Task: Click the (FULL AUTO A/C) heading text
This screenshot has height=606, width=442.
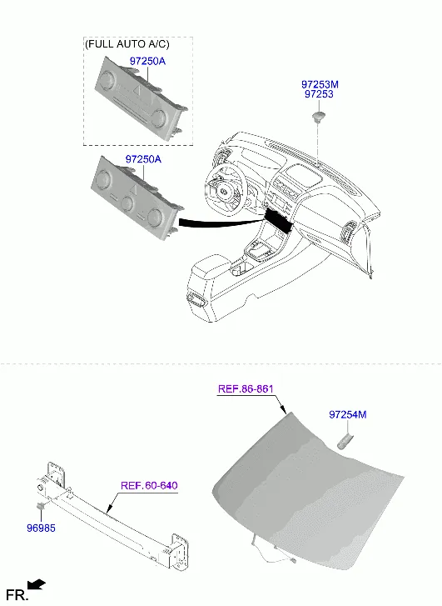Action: coord(127,44)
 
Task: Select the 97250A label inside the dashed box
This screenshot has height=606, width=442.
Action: coord(147,61)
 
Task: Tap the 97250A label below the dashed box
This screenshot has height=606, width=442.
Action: coord(143,159)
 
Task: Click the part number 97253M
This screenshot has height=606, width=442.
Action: coord(320,84)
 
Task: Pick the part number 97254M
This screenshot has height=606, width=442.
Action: coord(348,414)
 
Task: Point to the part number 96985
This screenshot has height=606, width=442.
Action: coord(41,528)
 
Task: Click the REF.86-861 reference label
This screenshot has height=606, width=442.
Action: coord(246,388)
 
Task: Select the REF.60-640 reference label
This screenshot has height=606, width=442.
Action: coord(149,485)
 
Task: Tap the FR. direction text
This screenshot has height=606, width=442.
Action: coord(17,595)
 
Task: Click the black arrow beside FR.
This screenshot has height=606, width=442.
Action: coord(37,584)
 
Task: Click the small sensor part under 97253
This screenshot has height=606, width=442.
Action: coord(318,117)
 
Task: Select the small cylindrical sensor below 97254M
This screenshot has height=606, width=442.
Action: coord(346,442)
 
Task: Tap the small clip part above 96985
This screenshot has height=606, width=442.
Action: coord(41,506)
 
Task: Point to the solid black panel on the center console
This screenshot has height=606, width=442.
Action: coord(279,220)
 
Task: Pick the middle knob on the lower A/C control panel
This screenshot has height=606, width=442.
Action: coord(127,203)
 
